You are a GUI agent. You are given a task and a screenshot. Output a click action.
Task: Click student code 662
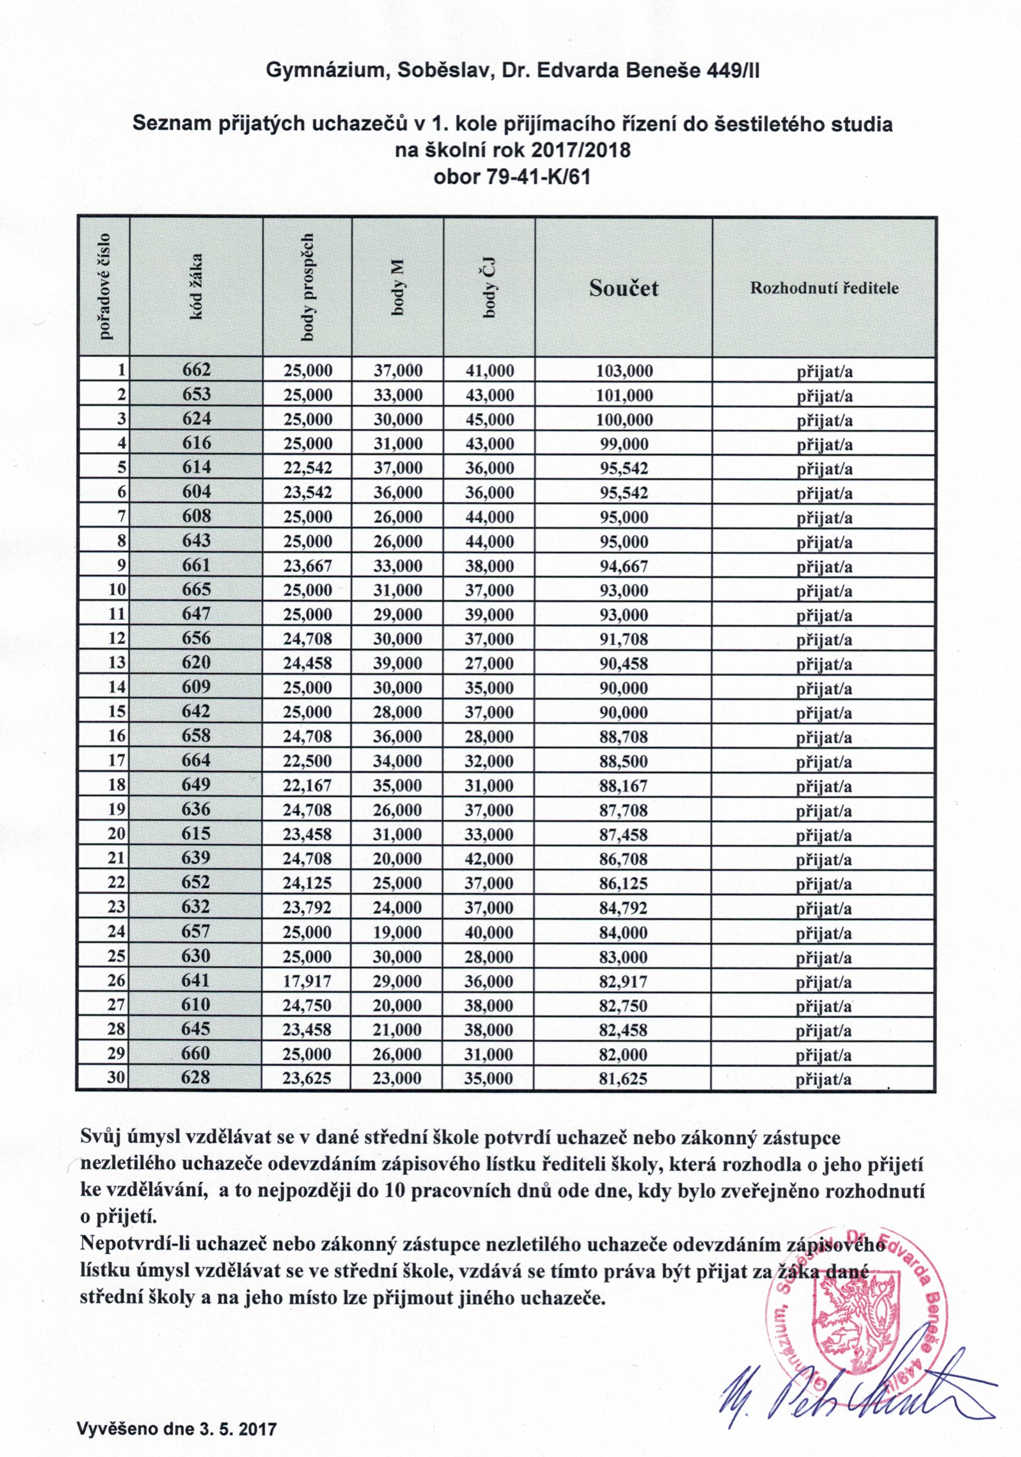196,370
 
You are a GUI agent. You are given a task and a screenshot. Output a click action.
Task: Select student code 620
196,663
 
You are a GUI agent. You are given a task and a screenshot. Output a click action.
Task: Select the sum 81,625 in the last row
623,1079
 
